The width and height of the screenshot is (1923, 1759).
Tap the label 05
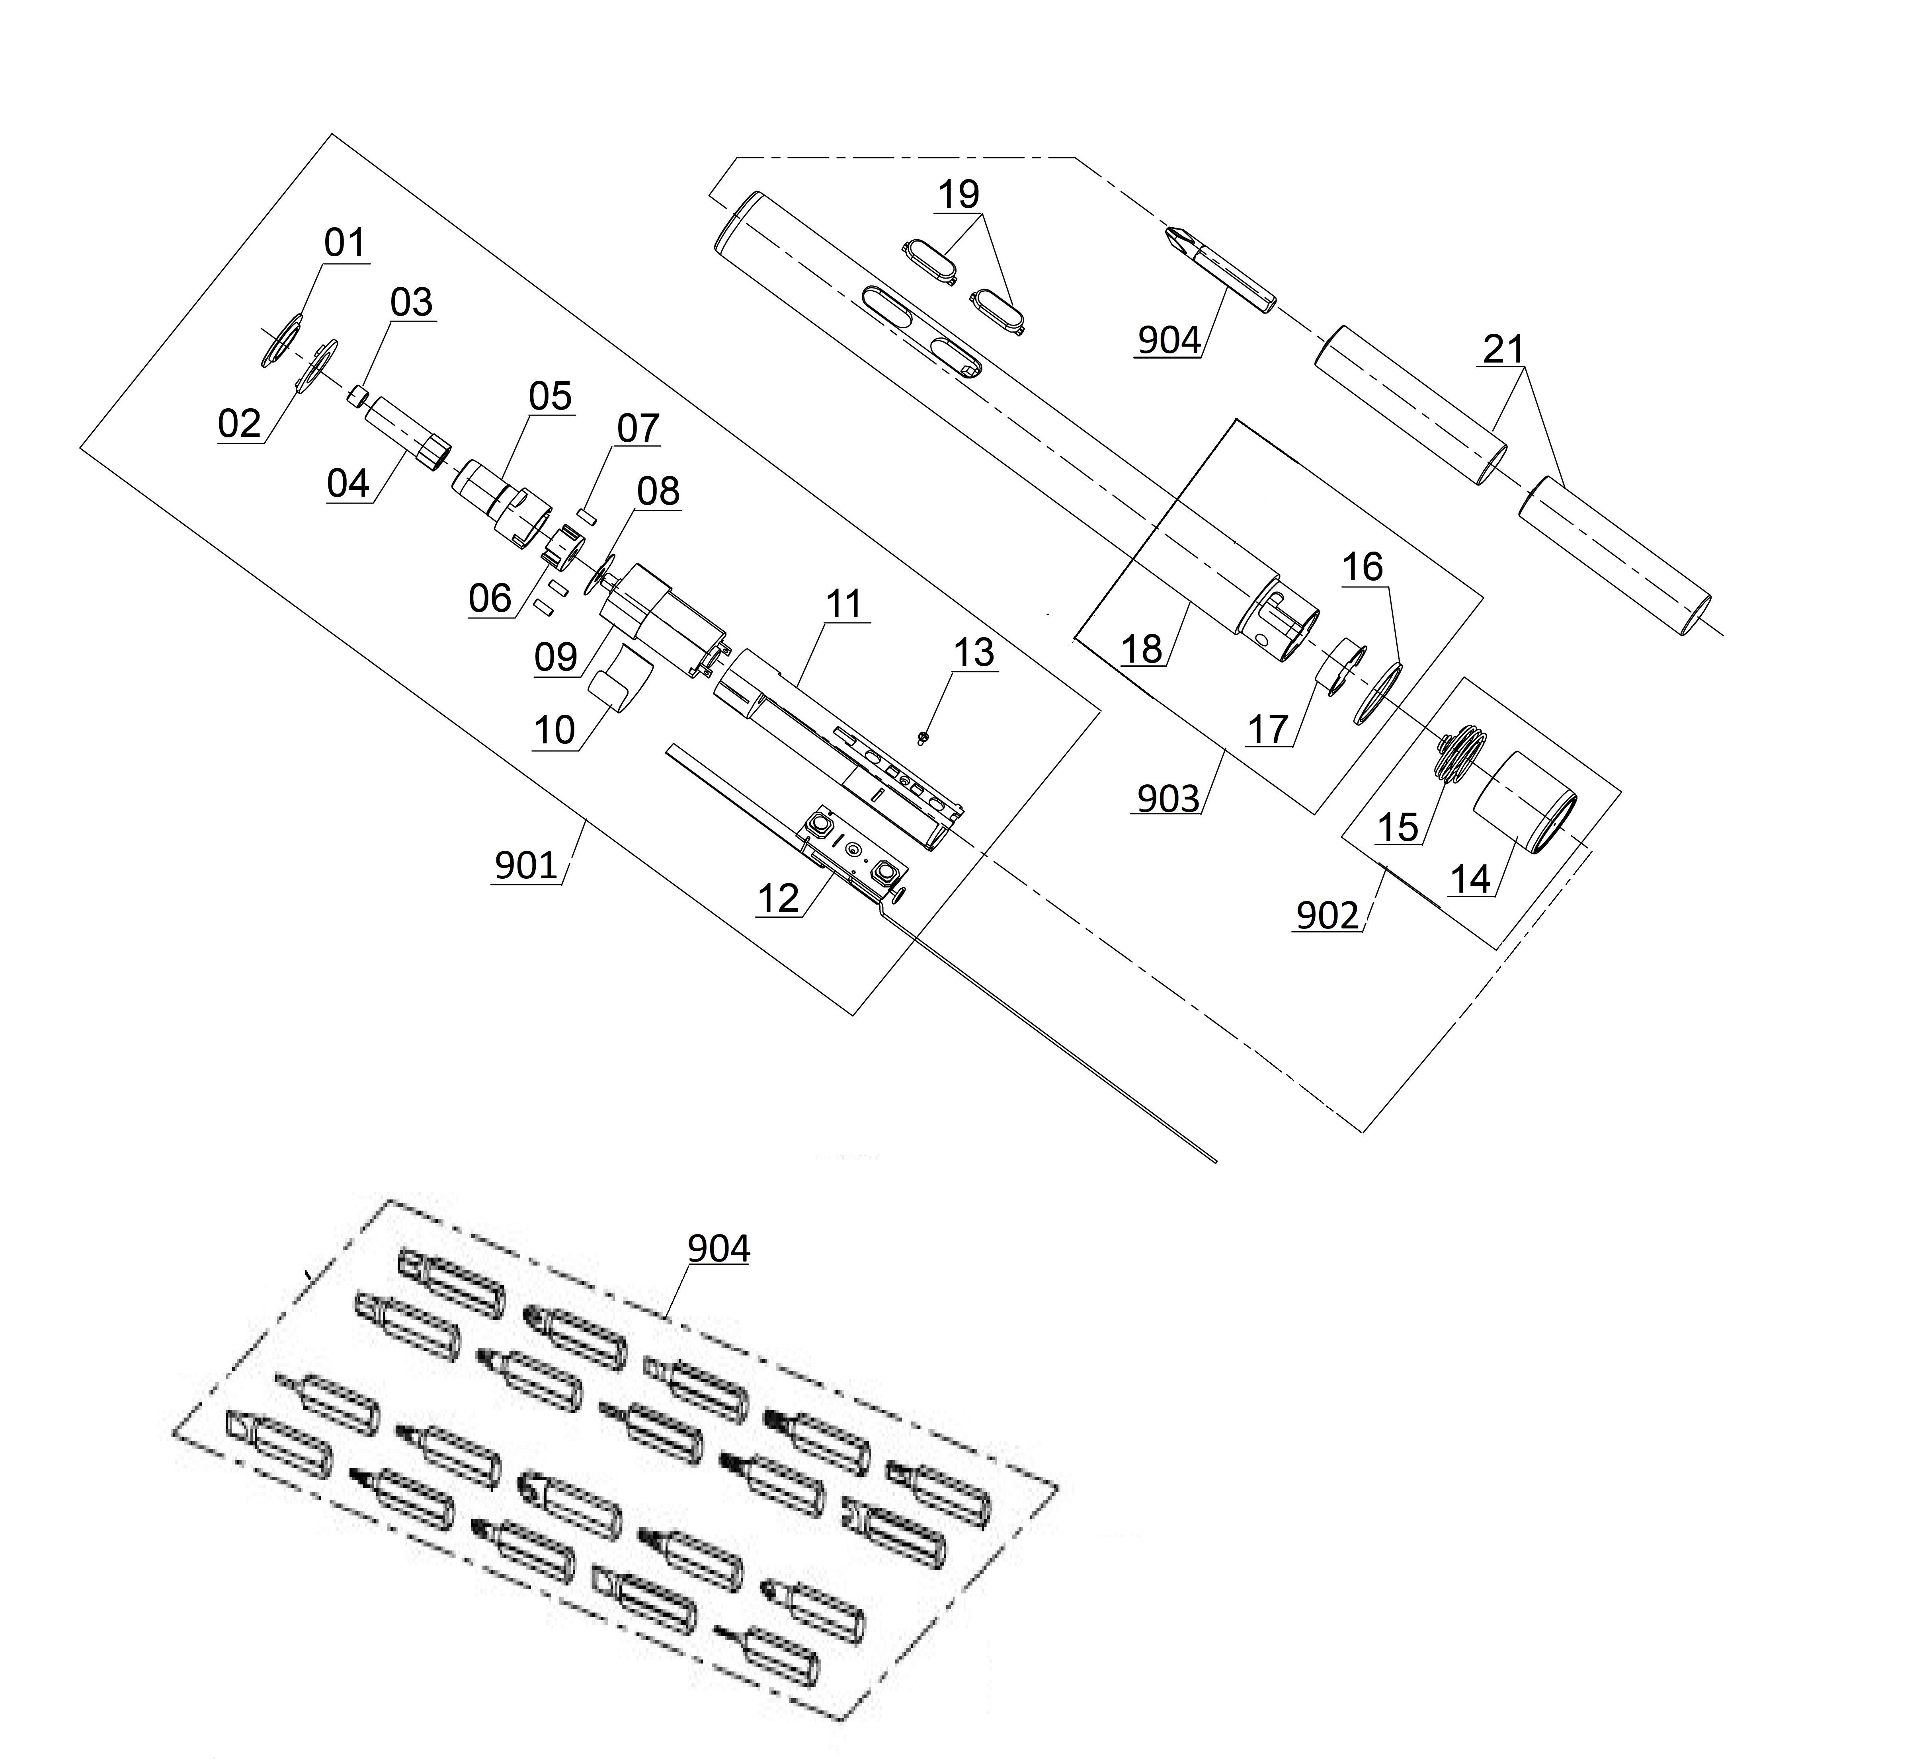coord(551,396)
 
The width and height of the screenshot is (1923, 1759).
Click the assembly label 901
coord(525,865)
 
